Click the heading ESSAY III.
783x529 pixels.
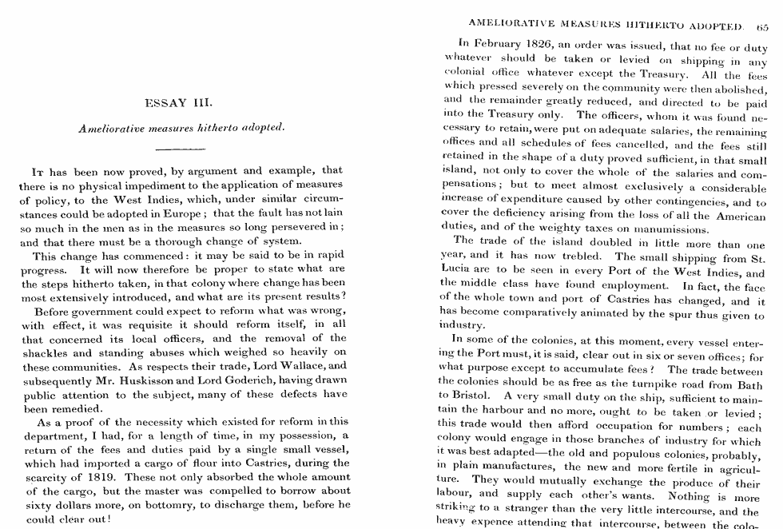coord(178,103)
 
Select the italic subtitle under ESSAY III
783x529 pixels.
coord(181,127)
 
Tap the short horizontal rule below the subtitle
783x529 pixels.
coord(180,149)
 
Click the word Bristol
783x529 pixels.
coord(476,395)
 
